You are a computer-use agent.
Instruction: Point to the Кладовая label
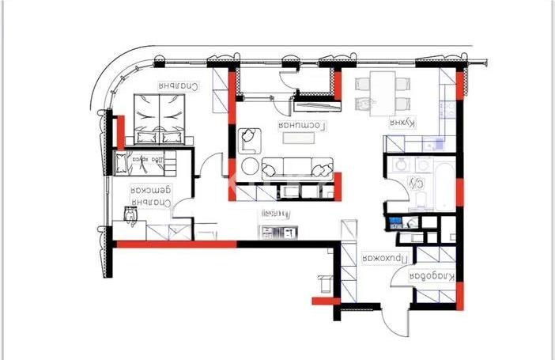click(x=432, y=276)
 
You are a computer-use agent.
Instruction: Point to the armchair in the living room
click(x=250, y=142)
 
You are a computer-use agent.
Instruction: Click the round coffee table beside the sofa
click(x=249, y=167)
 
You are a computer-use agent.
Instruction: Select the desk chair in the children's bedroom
click(x=130, y=215)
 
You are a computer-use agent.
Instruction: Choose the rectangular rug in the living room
click(x=300, y=138)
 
